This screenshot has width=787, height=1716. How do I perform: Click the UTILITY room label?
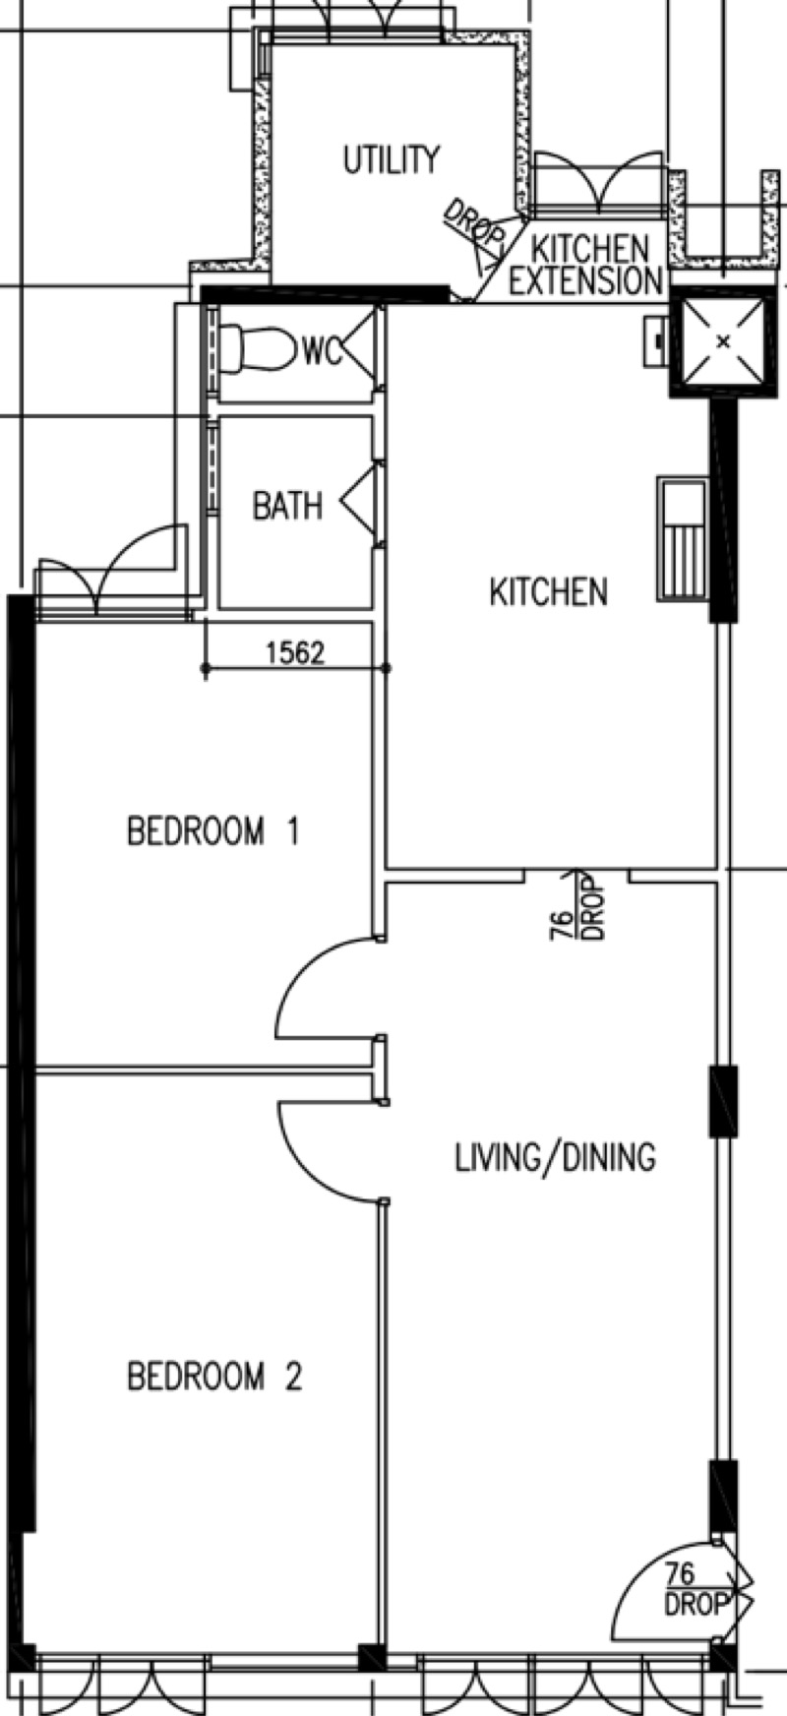[392, 159]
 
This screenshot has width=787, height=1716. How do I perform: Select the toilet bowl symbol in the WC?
[257, 348]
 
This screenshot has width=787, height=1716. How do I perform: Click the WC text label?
[322, 349]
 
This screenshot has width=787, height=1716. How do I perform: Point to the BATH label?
[287, 506]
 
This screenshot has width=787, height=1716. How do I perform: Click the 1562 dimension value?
[295, 652]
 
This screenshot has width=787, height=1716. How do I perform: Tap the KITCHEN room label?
[548, 592]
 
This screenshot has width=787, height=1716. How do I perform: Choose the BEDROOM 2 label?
[214, 1376]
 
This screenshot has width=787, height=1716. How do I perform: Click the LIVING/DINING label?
[555, 1157]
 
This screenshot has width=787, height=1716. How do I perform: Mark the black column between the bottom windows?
[372, 1657]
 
